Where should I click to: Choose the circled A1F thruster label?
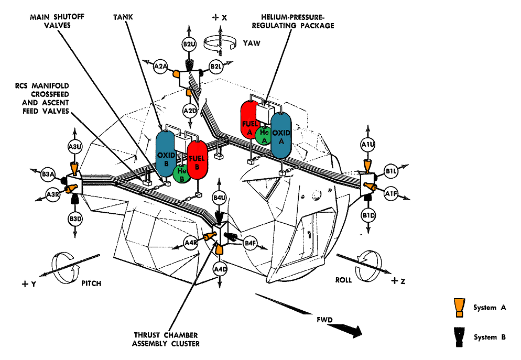click(x=391, y=193)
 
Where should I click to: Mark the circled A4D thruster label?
click(x=220, y=269)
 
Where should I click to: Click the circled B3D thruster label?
click(x=75, y=219)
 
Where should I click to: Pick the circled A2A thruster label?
click(x=160, y=67)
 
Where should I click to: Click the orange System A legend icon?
click(x=459, y=307)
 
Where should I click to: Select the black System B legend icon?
click(x=459, y=336)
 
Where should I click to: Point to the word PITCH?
click(x=91, y=283)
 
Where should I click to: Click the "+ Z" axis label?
click(x=398, y=281)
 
